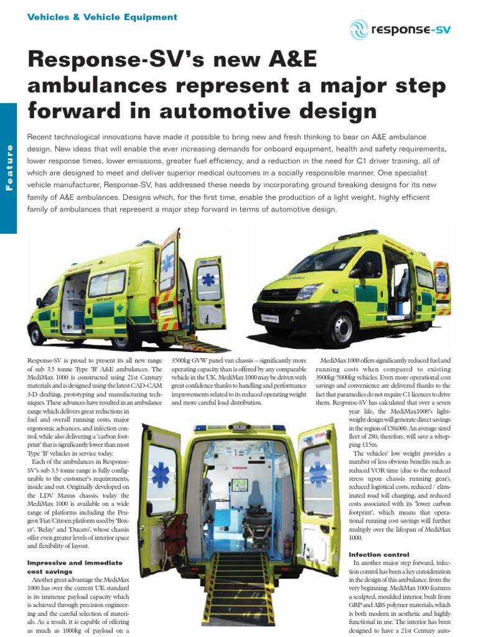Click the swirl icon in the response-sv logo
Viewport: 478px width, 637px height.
[359, 29]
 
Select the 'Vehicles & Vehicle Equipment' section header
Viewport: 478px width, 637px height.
[102, 17]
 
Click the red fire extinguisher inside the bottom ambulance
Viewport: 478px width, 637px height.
[287, 546]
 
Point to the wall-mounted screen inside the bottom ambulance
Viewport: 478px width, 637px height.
[238, 485]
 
